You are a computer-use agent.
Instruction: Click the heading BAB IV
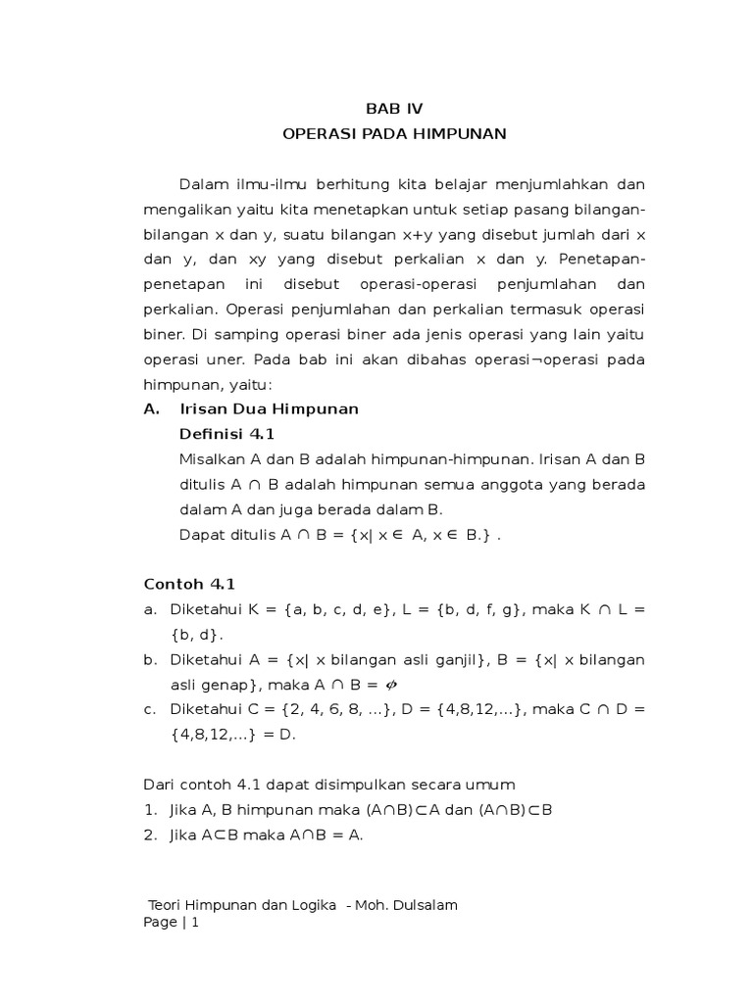pos(394,108)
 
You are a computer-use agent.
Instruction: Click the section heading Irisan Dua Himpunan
pos(269,408)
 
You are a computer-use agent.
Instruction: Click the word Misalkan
pos(212,459)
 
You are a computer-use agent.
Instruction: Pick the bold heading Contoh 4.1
pos(189,584)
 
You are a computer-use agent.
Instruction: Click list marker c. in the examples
pos(150,708)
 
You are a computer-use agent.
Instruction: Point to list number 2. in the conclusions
pos(150,836)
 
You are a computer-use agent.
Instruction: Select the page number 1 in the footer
pos(195,923)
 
